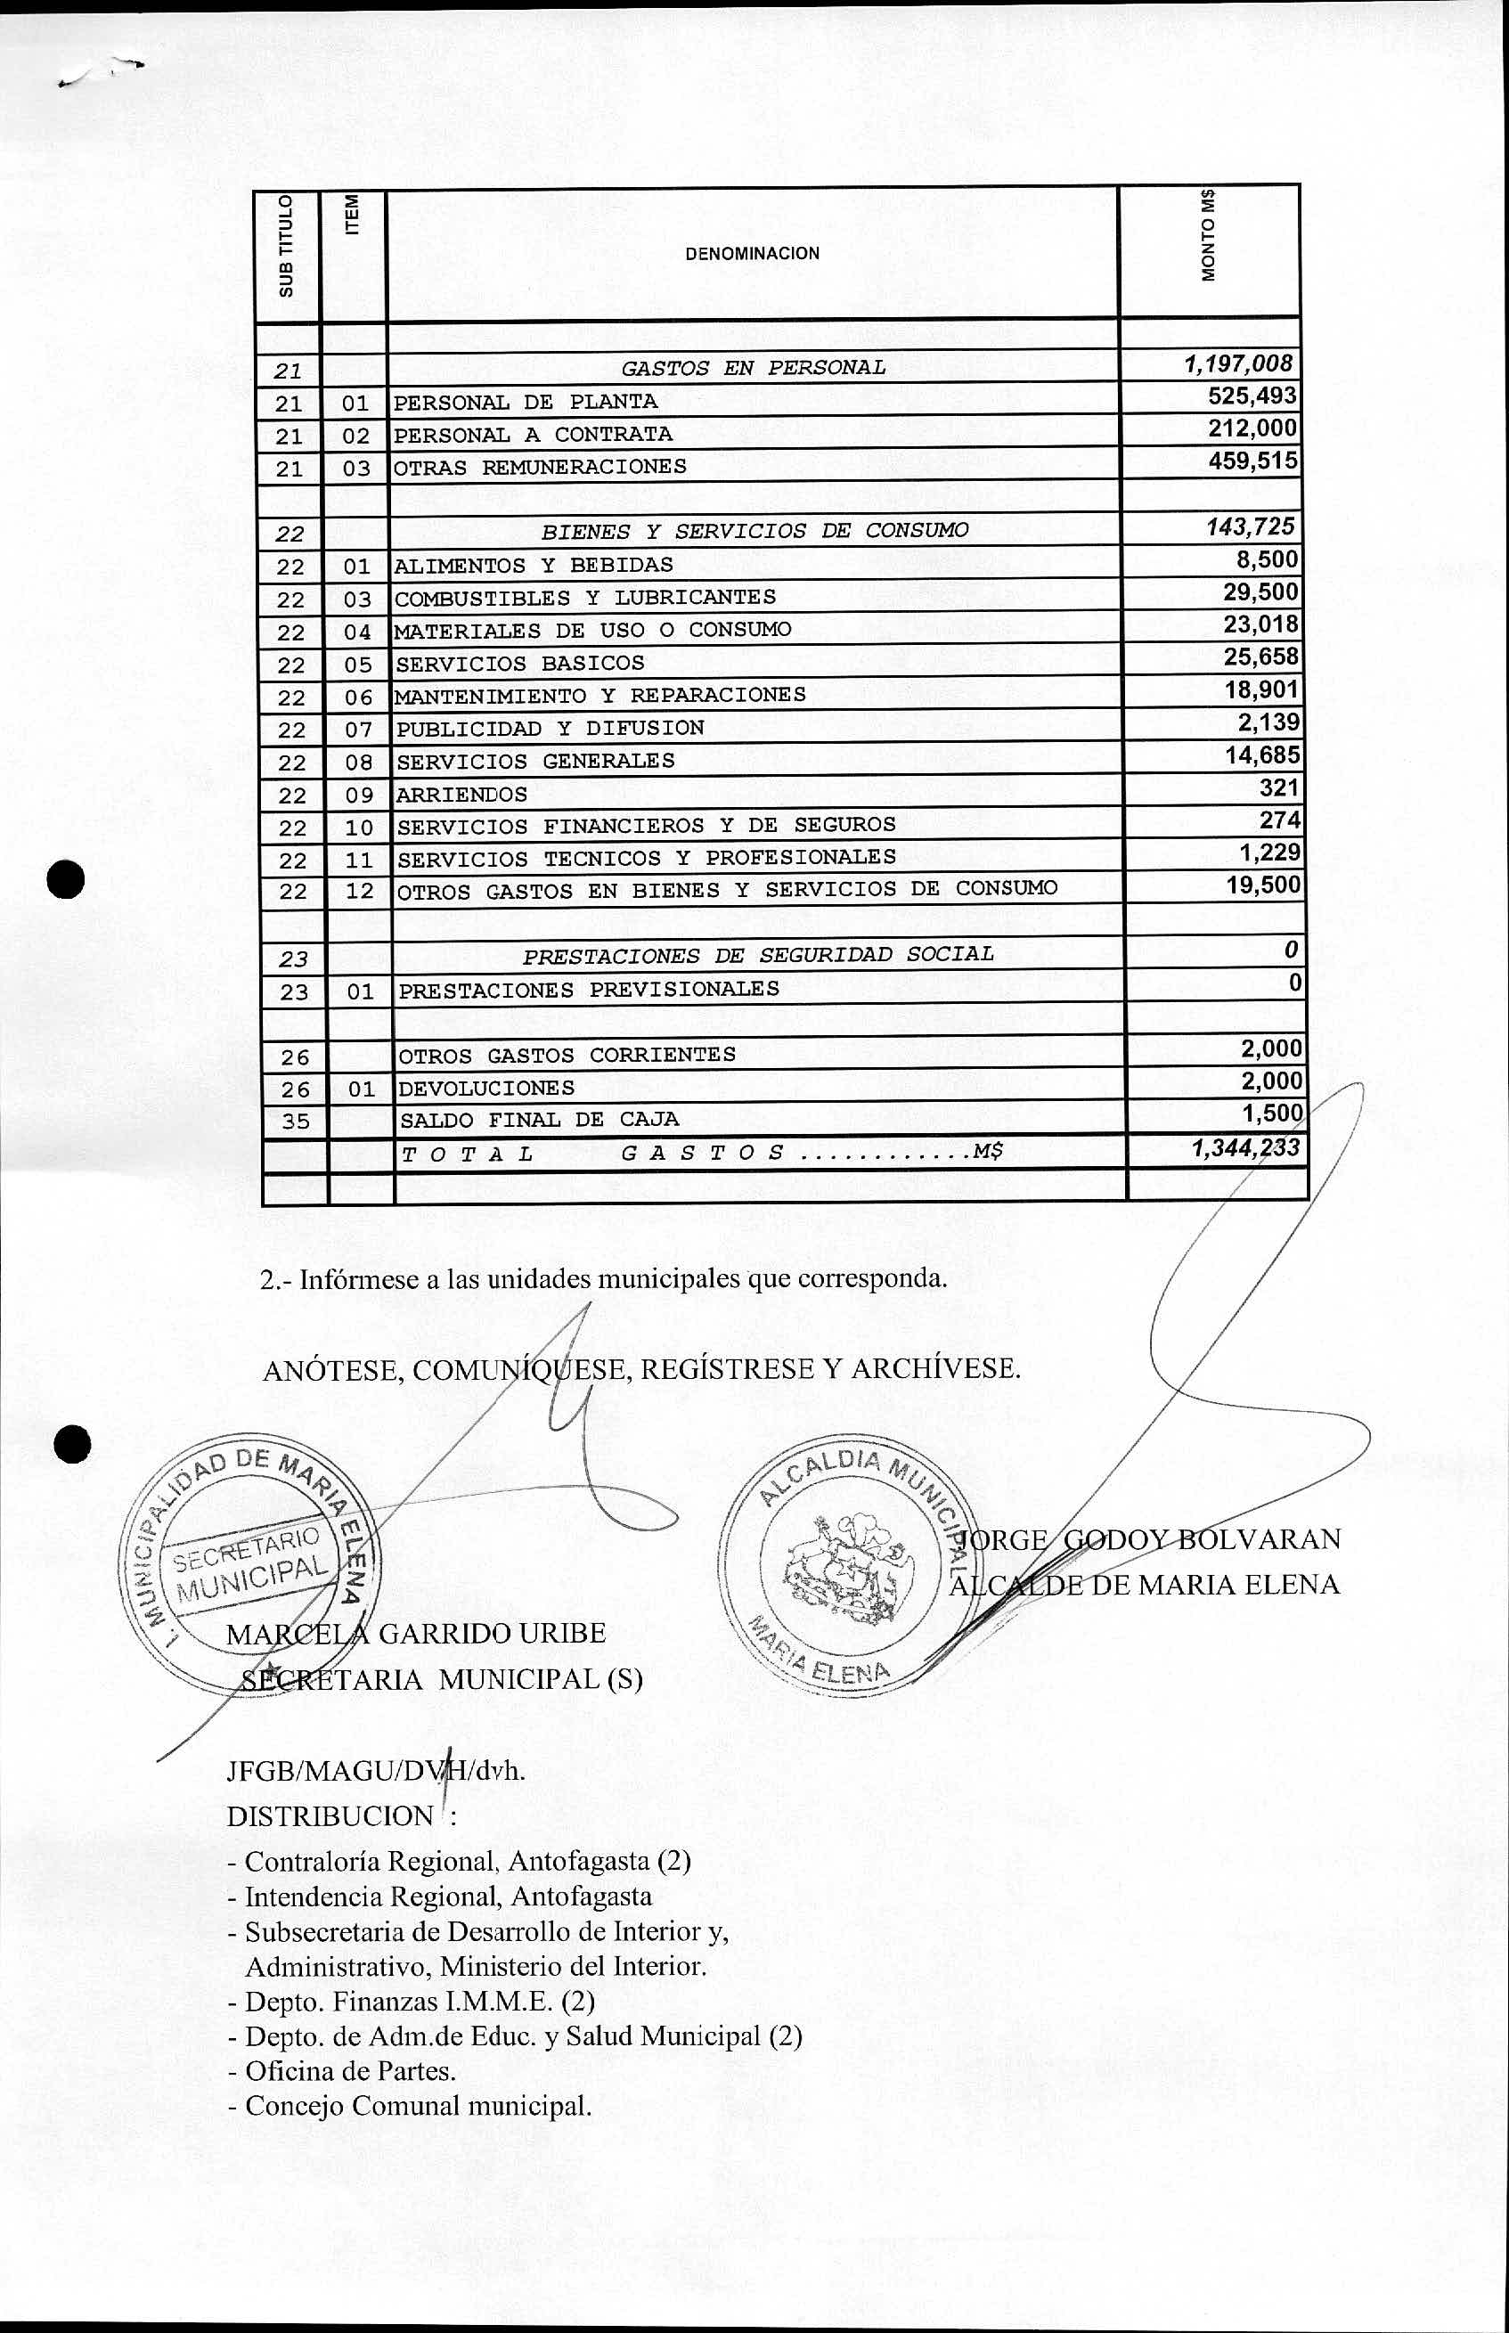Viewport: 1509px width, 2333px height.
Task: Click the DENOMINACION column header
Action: (x=753, y=254)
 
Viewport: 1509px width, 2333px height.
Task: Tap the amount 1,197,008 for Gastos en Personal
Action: (x=1240, y=364)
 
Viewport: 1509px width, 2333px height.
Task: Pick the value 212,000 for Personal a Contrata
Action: (x=1253, y=428)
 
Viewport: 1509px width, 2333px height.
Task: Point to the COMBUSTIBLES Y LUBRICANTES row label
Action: (x=585, y=598)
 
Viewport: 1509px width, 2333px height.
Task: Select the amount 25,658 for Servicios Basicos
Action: (x=1261, y=657)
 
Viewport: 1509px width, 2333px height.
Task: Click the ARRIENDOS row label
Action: (x=461, y=795)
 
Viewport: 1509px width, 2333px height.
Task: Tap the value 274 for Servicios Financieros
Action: (x=1280, y=820)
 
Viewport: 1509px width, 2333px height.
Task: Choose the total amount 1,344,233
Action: (x=1245, y=1148)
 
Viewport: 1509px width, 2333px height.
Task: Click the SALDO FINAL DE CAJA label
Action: (x=539, y=1120)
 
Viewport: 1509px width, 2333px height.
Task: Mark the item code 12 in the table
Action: (x=360, y=892)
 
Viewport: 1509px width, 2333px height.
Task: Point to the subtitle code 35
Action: (x=295, y=1121)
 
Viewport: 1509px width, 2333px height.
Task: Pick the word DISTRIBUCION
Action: (x=330, y=1815)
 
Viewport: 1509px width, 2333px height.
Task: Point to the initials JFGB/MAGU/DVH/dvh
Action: (x=375, y=1771)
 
